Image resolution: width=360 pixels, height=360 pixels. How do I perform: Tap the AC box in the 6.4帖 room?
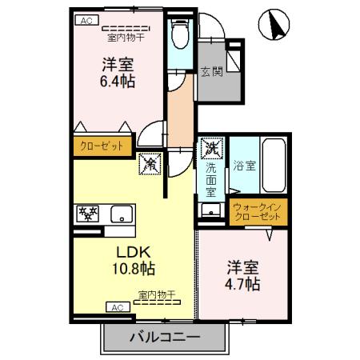click(86, 22)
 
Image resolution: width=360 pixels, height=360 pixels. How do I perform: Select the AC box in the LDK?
click(116, 307)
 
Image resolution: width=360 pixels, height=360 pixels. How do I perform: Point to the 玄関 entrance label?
click(211, 70)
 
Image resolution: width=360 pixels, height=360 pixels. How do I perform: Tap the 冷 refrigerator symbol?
click(150, 164)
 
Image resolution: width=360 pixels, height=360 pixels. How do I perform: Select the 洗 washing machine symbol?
click(211, 148)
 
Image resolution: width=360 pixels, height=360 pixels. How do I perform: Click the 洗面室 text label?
click(211, 180)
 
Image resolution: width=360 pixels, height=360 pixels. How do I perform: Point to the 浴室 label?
click(244, 166)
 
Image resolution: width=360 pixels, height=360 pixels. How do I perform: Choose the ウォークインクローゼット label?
click(258, 212)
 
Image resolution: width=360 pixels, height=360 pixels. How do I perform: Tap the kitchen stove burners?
click(86, 214)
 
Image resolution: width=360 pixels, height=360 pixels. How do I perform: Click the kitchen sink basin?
click(122, 214)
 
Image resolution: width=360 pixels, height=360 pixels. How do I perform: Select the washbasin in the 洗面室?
click(210, 210)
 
